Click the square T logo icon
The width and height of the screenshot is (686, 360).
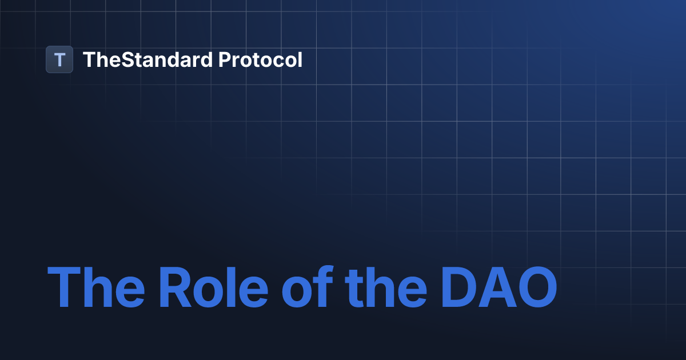coord(59,59)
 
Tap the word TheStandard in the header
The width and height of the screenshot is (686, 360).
coord(147,59)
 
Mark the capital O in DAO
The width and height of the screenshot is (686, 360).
coord(536,287)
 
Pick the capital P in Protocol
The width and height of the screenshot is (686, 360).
coord(224,59)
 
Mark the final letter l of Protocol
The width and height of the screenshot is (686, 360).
coord(300,59)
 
